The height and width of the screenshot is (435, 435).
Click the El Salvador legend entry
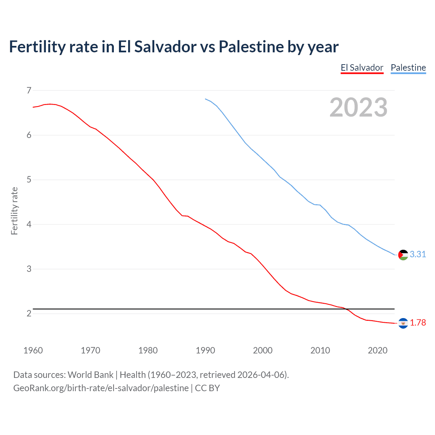[362, 68]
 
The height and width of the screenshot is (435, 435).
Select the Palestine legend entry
[408, 68]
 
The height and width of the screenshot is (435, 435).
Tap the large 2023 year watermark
[358, 107]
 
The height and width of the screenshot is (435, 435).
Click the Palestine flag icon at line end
[403, 255]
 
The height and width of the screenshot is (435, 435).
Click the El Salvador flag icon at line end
[403, 323]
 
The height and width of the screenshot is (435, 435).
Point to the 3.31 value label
[418, 254]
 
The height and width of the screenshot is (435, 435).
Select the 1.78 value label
[418, 323]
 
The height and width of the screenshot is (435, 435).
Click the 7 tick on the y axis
[29, 90]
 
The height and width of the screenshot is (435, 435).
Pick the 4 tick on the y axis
[29, 224]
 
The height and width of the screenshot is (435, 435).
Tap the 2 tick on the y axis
[29, 313]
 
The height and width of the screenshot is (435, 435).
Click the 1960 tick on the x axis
[33, 350]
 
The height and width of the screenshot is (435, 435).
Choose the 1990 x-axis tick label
[205, 350]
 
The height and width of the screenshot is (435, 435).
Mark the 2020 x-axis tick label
[378, 350]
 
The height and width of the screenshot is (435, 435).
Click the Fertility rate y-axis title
[14, 211]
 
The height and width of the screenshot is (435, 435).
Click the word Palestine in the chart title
[251, 47]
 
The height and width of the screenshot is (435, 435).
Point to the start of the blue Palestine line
[205, 99]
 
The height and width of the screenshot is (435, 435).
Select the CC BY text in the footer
[207, 388]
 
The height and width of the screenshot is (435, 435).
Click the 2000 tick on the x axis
[263, 350]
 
